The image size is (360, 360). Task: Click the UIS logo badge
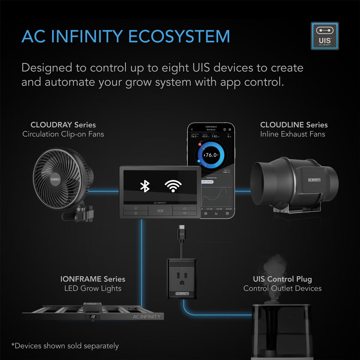click(x=325, y=36)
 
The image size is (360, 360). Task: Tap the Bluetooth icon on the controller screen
click(x=145, y=186)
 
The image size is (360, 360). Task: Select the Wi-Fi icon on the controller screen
click(x=173, y=186)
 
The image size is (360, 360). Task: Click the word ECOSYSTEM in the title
click(x=179, y=37)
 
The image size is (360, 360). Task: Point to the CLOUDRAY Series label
click(x=63, y=125)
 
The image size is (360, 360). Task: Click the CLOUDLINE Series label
click(x=294, y=125)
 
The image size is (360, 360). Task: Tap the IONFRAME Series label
click(x=93, y=279)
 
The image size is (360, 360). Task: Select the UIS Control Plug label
click(x=282, y=279)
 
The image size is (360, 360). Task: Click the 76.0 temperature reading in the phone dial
click(x=211, y=155)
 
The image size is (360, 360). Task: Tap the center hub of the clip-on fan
click(x=55, y=179)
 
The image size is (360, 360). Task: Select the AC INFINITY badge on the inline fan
click(x=314, y=180)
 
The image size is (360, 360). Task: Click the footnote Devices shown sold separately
click(x=65, y=346)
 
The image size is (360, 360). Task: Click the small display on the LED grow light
click(x=93, y=316)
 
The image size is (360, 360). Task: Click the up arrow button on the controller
click(x=184, y=208)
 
